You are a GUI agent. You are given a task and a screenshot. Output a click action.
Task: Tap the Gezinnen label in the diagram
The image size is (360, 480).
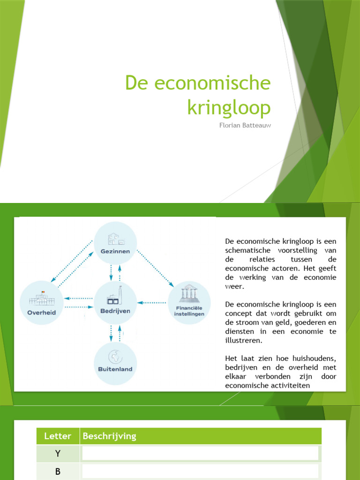point(115,251)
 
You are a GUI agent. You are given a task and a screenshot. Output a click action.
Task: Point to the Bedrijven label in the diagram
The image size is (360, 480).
point(115,311)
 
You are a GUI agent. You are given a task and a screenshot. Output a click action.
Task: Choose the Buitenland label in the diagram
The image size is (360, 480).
point(115,369)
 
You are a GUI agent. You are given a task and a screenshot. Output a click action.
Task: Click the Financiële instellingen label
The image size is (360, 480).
point(189,311)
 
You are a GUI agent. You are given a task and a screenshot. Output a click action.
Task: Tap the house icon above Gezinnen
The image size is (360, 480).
point(115,239)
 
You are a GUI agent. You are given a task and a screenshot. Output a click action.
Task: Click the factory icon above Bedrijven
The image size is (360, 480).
point(115,297)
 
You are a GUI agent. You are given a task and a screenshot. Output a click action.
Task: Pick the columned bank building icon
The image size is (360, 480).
point(189,294)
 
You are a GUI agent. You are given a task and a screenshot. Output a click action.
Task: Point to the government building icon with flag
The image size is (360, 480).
point(41,299)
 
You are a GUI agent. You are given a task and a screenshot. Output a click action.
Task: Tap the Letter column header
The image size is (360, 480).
point(58,436)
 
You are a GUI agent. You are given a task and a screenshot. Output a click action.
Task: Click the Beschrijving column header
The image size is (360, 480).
point(109,436)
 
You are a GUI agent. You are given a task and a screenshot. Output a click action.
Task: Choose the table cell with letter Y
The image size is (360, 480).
point(58,453)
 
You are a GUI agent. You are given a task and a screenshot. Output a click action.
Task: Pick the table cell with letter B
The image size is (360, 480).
point(58,472)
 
